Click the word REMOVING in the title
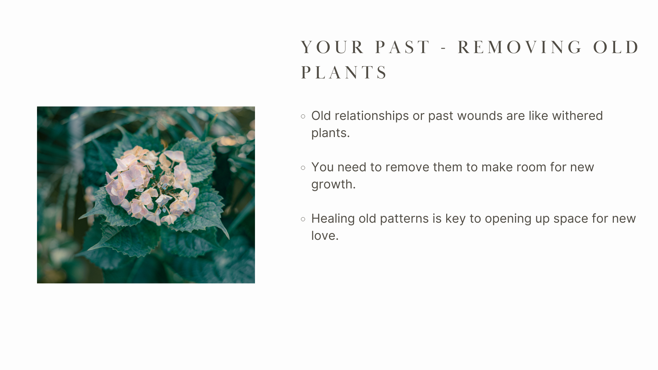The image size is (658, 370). pos(520,47)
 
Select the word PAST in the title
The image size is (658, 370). pos(403,47)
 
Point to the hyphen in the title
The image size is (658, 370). pos(444,48)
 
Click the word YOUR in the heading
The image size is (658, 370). pos(332,47)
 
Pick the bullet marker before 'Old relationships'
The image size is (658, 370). pos(303,116)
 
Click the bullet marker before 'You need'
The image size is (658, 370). pos(303,168)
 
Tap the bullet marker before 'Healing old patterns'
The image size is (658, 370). pos(303,219)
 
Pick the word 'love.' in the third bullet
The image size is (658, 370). pos(325,236)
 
